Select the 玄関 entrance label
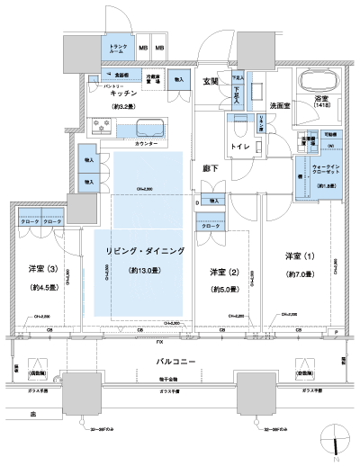click(x=211, y=82)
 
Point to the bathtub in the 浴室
click(x=320, y=81)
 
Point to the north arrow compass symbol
click(x=335, y=442)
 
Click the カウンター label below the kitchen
click(x=146, y=144)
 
